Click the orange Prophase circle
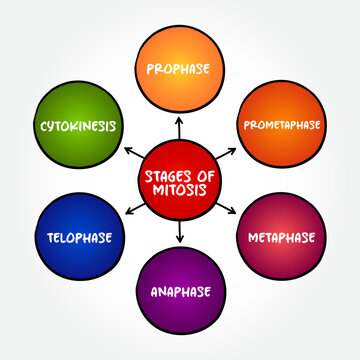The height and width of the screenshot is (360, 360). pyautogui.click(x=180, y=70)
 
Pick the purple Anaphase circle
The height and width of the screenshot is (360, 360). pyautogui.click(x=180, y=293)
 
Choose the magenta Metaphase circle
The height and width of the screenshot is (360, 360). pyautogui.click(x=281, y=238)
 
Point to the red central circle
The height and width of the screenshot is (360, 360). pyautogui.click(x=180, y=180)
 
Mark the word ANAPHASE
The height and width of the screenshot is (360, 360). pyautogui.click(x=180, y=294)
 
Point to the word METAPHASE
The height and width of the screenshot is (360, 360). pyautogui.click(x=281, y=238)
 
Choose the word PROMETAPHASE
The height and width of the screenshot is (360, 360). pyautogui.click(x=281, y=126)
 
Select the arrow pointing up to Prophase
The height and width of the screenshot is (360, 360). pyautogui.click(x=180, y=125)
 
